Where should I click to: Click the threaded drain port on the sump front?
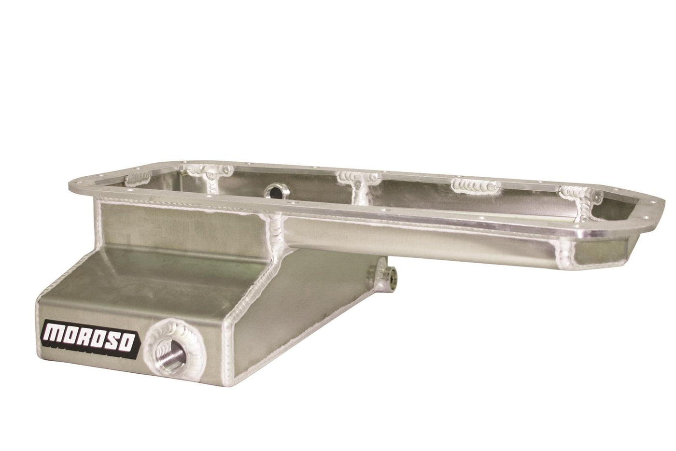[170, 353]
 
